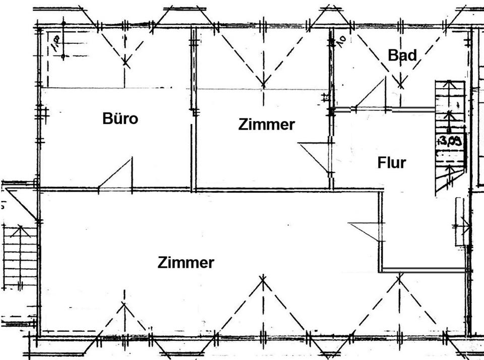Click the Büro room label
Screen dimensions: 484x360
120,119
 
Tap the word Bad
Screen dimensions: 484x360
402,55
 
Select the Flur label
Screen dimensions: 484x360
391,163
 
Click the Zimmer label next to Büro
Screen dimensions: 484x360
266,125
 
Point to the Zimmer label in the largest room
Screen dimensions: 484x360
186,263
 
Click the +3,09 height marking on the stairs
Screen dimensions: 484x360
450,140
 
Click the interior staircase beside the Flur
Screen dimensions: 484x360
450,136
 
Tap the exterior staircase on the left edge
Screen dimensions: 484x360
20,257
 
